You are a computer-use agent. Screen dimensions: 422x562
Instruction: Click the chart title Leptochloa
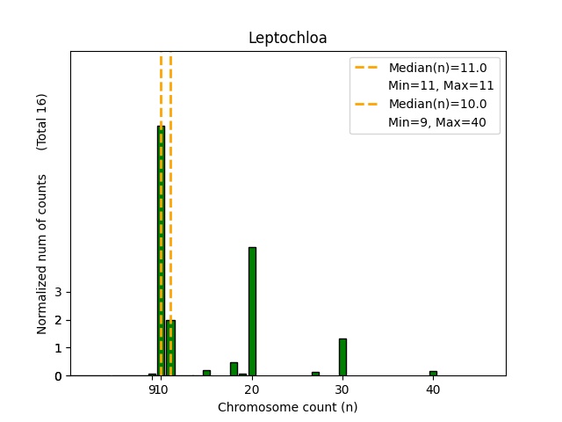(x=287, y=38)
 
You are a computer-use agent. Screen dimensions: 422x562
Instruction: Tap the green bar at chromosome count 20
(x=252, y=311)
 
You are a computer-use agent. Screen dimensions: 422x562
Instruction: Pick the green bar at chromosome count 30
(x=342, y=357)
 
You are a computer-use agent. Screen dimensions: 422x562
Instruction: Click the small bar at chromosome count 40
(x=433, y=373)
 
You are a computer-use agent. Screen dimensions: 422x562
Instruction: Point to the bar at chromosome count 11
(x=170, y=348)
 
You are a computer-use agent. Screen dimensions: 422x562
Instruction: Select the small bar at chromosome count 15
(x=206, y=373)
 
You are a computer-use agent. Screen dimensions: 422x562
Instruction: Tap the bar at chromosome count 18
(x=234, y=369)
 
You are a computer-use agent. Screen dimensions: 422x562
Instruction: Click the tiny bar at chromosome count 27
(x=315, y=374)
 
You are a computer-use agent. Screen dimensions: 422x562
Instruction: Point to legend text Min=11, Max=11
(x=441, y=86)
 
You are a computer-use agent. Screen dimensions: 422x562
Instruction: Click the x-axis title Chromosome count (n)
(x=287, y=407)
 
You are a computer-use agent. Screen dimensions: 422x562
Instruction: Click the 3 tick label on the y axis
(x=58, y=292)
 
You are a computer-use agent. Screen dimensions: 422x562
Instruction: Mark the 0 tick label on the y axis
(x=58, y=376)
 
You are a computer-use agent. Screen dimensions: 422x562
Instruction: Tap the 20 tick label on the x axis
(x=252, y=389)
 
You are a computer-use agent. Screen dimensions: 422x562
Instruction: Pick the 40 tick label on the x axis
(x=433, y=389)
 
